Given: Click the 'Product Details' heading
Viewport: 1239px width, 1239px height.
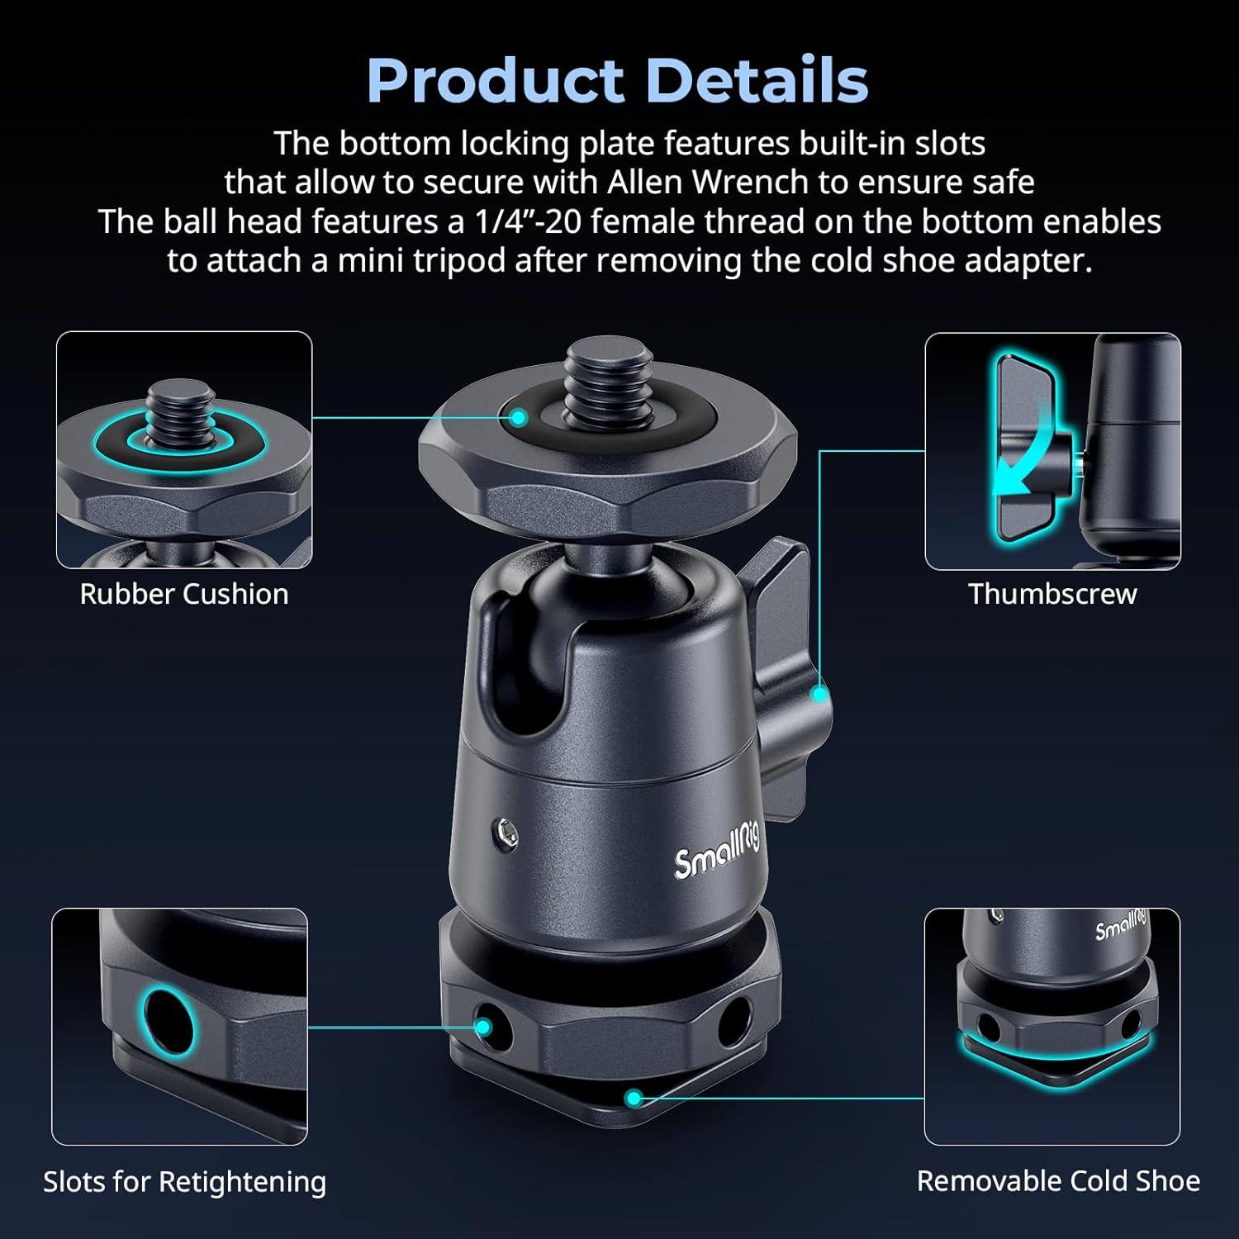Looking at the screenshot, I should (618, 81).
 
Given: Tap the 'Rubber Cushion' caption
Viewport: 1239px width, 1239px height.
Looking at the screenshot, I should (184, 594).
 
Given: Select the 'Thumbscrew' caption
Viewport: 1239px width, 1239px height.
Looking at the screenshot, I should (1052, 594).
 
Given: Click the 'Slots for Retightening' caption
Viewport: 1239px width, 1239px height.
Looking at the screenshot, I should (184, 1182).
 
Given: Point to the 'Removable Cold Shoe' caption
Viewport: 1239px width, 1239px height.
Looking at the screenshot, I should (1058, 1181).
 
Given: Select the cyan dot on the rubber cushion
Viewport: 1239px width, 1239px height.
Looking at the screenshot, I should (519, 418).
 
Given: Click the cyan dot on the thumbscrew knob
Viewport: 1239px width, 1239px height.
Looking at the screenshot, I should (819, 694).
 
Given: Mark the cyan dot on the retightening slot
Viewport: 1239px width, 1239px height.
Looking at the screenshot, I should (484, 1028).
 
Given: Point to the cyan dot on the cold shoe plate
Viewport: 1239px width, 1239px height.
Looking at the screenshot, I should (634, 1098).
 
